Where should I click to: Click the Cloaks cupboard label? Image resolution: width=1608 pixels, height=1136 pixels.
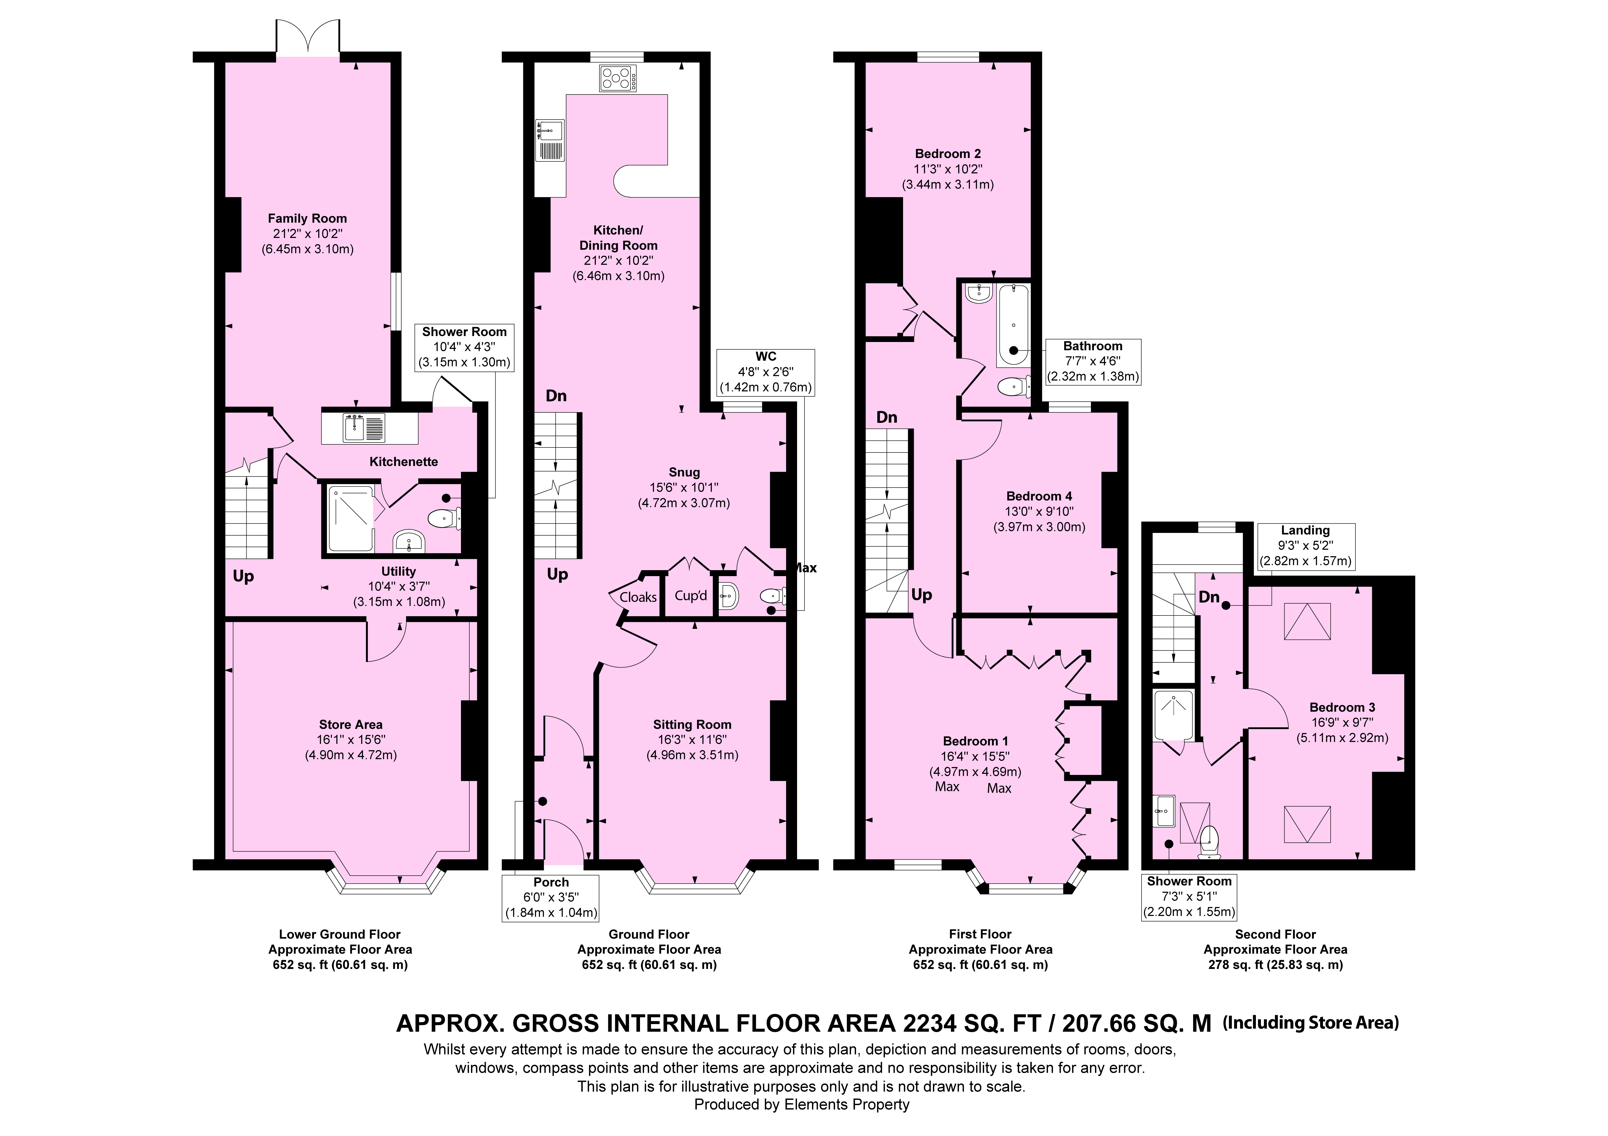click(x=638, y=597)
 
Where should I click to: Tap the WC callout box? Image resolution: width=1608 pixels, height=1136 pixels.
click(x=766, y=372)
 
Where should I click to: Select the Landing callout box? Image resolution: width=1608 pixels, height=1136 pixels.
click(x=1306, y=546)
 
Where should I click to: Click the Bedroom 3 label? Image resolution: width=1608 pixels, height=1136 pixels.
click(x=1338, y=707)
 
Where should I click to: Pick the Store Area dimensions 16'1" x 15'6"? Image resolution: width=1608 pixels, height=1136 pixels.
click(x=351, y=740)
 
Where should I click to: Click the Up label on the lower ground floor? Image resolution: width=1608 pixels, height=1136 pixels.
click(x=243, y=576)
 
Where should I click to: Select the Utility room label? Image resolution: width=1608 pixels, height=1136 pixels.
click(x=398, y=572)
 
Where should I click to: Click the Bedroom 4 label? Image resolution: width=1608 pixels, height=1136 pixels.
click(x=1039, y=496)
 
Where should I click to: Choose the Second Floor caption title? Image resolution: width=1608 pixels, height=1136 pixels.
click(x=1275, y=934)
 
